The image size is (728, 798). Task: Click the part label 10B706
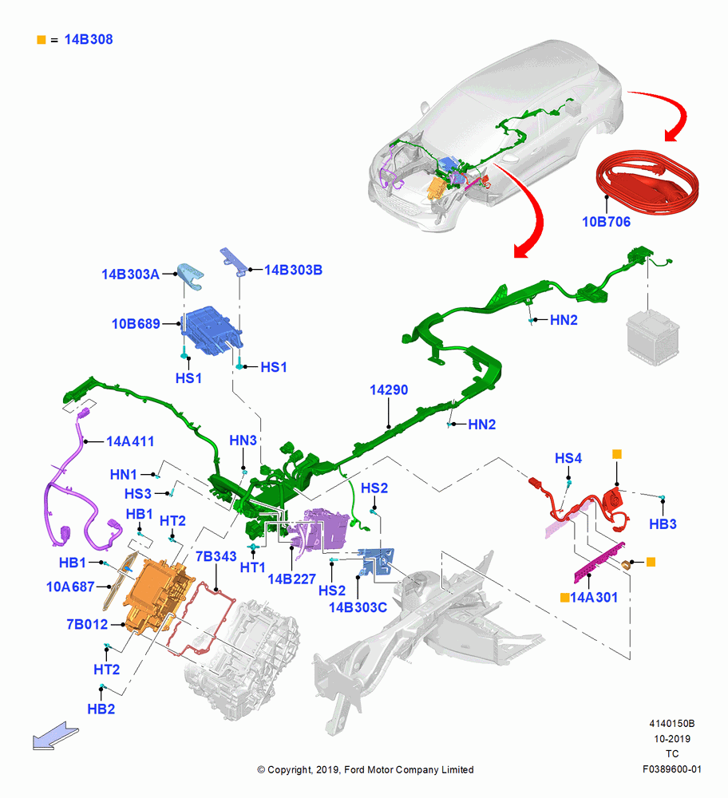pyautogui.click(x=606, y=222)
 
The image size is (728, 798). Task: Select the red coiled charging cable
pyautogui.click(x=647, y=182)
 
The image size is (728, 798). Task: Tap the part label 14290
pyautogui.click(x=389, y=390)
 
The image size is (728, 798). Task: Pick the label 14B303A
pyautogui.click(x=130, y=275)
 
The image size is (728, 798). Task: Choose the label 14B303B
pyautogui.click(x=293, y=270)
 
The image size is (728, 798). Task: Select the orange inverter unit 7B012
pyautogui.click(x=159, y=595)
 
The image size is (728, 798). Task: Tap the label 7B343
pyautogui.click(x=216, y=556)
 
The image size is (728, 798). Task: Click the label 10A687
pyautogui.click(x=70, y=587)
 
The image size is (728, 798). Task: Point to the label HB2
pyautogui.click(x=101, y=709)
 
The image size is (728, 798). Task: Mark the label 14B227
pyautogui.click(x=291, y=579)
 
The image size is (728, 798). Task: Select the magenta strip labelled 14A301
pyautogui.click(x=599, y=563)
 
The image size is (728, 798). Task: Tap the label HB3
pyautogui.click(x=663, y=524)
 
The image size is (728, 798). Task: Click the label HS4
pyautogui.click(x=568, y=459)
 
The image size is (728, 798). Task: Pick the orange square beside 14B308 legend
pyautogui.click(x=42, y=40)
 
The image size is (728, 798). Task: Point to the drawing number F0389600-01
pyautogui.click(x=671, y=769)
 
